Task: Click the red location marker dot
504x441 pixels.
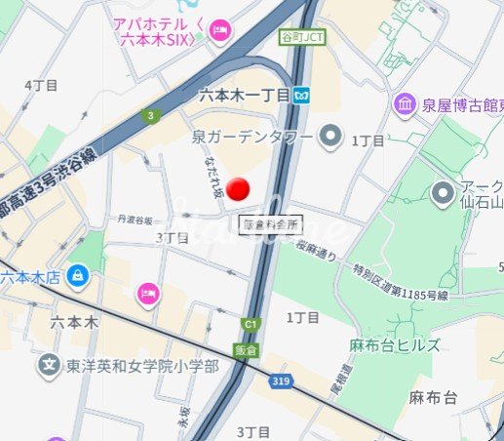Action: coord(238,188)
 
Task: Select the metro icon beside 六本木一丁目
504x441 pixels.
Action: coord(305,95)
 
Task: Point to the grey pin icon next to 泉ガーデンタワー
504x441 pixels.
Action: coord(331,135)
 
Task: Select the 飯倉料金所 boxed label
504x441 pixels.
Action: coord(270,223)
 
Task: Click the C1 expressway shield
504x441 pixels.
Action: coord(251,323)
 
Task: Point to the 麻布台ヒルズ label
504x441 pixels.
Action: coord(395,345)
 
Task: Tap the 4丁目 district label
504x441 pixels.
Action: coord(42,86)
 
